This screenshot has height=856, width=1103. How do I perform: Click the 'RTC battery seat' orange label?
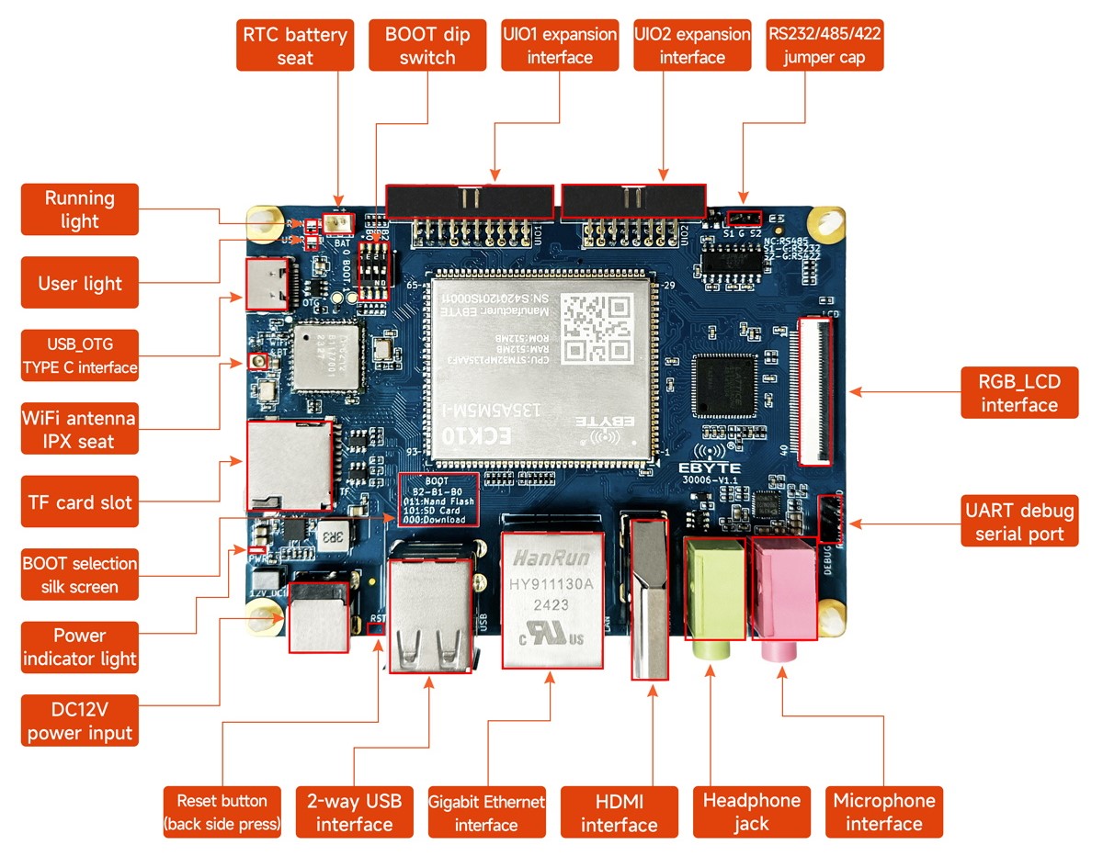[294, 46]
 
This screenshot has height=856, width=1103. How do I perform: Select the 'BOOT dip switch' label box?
[427, 46]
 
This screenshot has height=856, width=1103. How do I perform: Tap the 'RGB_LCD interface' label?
[1019, 392]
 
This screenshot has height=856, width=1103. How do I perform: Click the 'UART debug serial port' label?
[1019, 522]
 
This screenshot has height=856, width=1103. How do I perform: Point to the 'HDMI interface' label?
[619, 812]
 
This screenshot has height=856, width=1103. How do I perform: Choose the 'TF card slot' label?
[80, 502]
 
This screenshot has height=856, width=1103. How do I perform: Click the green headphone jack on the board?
[713, 592]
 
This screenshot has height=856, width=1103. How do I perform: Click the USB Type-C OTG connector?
[268, 282]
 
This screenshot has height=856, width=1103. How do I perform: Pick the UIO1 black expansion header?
[470, 201]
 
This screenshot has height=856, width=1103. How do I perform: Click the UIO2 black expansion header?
[633, 201]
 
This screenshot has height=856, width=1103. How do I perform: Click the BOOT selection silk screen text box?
[438, 500]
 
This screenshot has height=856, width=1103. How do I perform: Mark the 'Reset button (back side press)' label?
[222, 812]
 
